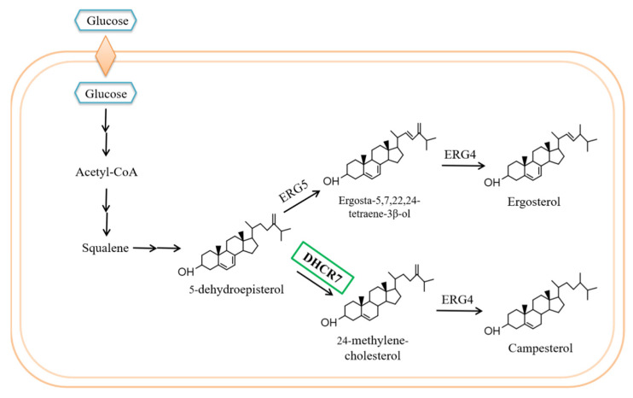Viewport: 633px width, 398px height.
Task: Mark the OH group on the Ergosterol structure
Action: point(491,182)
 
